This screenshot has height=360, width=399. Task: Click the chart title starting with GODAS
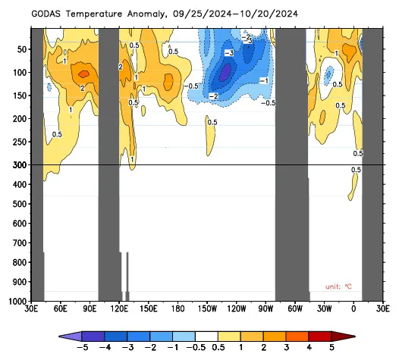pos(165,14)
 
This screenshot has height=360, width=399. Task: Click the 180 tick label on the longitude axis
pos(178,309)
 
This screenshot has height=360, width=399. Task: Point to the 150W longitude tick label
pos(207,309)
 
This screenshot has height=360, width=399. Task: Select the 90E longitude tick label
pos(90,309)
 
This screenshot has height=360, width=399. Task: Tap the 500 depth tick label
pos(20,204)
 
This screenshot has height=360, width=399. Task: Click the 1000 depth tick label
pos(17,302)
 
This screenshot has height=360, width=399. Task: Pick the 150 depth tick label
pos(20,95)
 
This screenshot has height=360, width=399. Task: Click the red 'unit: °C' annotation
pos(338,286)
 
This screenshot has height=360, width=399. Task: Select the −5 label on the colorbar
pos(82,348)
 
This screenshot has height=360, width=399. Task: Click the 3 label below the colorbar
pos(286,348)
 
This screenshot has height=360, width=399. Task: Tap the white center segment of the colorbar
pos(206,337)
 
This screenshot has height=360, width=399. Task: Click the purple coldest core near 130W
pos(225,73)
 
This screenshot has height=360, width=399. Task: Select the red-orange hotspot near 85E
pos(83,74)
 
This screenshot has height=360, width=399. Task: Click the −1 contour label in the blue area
pos(264,81)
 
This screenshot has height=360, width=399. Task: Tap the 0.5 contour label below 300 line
pos(356,170)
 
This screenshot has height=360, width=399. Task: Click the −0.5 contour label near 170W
pos(191,86)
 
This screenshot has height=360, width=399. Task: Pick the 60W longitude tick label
pos(295,309)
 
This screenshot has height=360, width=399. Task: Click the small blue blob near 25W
pos(328,75)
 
